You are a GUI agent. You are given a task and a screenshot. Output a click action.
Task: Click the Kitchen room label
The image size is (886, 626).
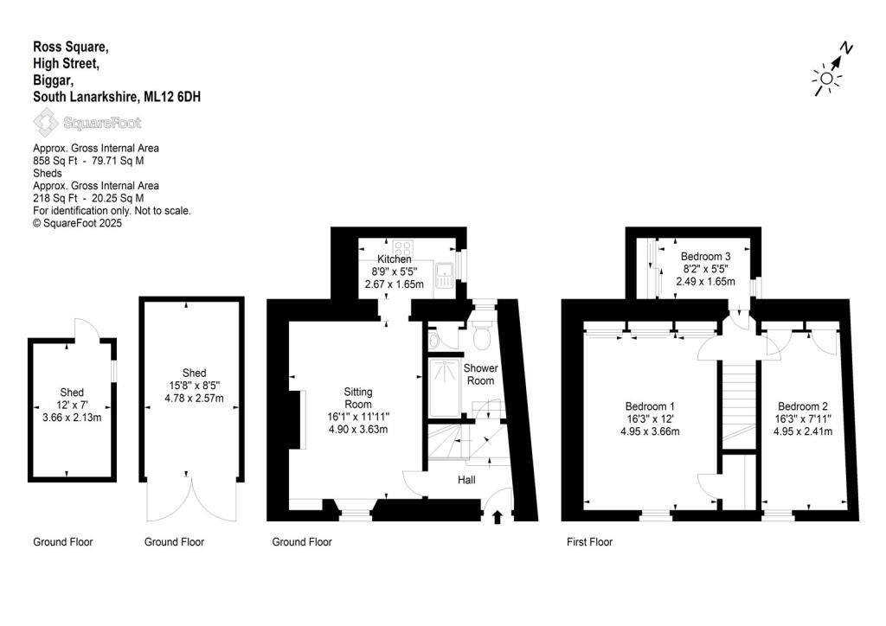pos(395,259)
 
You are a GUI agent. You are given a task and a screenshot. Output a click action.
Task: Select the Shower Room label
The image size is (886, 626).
pos(481,374)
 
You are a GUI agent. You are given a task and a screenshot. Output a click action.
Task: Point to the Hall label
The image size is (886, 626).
pos(466,480)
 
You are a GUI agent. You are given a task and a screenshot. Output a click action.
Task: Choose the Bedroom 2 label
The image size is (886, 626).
pos(803,406)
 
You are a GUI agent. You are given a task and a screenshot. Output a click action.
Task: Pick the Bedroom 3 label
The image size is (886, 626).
pos(706,256)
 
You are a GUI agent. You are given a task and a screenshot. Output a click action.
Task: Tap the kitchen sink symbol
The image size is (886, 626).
pos(446,274)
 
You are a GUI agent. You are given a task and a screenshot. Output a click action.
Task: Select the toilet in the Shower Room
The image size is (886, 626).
pos(482,334)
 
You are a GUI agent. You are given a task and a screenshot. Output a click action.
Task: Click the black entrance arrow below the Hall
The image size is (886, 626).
pos(498,518)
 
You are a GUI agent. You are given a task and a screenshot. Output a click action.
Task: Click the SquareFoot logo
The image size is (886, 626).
pos(87,122)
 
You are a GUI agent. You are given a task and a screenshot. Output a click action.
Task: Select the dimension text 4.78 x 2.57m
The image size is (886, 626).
pos(191,399)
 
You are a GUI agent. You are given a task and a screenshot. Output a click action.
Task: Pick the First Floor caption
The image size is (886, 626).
pos(589,542)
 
